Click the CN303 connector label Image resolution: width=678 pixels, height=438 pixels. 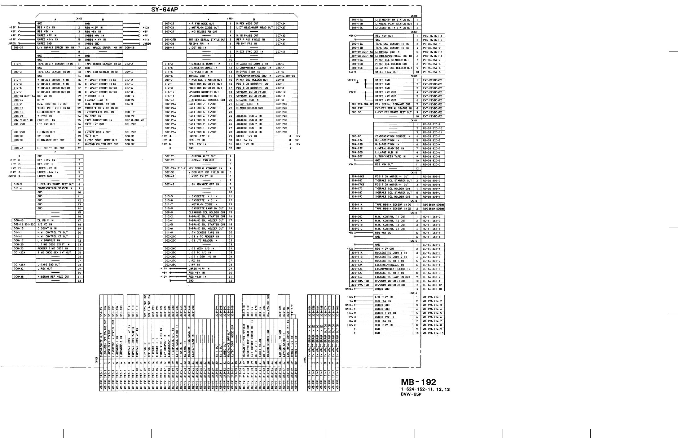click(x=79, y=19)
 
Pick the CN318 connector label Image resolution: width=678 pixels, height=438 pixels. click(x=414, y=16)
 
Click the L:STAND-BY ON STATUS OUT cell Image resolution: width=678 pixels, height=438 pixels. click(x=394, y=20)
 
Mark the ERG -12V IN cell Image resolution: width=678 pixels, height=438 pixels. click(x=394, y=297)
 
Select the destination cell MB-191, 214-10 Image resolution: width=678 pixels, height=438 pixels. click(x=433, y=333)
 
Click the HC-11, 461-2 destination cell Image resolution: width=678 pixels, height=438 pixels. click(x=433, y=217)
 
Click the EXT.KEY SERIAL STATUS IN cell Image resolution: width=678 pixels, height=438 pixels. click(x=394, y=109)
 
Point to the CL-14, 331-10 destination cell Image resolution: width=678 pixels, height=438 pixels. click(x=433, y=289)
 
